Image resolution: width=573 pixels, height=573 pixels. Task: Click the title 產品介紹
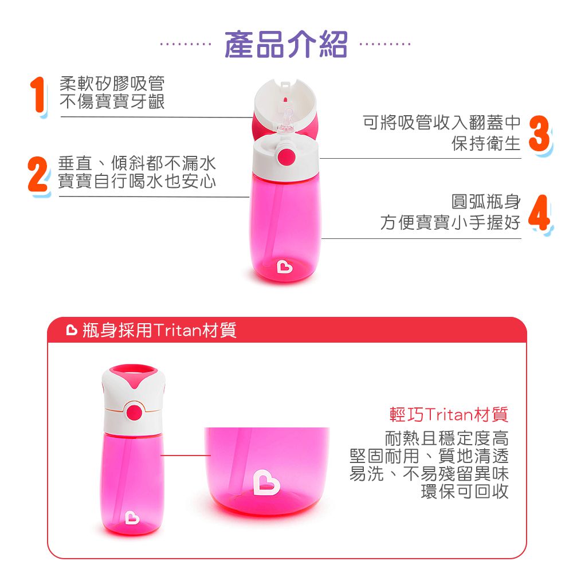pyautogui.click(x=285, y=45)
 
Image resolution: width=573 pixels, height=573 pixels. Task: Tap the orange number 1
pyautogui.click(x=38, y=95)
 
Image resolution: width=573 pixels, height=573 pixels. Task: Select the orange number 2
pyautogui.click(x=38, y=174)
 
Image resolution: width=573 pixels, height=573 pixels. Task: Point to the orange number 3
pyautogui.click(x=539, y=134)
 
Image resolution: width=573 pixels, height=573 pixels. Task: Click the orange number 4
pyautogui.click(x=539, y=212)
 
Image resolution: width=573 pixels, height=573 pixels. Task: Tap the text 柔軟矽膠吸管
pyautogui.click(x=112, y=84)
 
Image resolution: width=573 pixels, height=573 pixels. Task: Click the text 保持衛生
pyautogui.click(x=486, y=143)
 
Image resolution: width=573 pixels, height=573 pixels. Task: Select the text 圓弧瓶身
pyautogui.click(x=486, y=201)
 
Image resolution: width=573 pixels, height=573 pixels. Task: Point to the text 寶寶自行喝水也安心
pyautogui.click(x=137, y=181)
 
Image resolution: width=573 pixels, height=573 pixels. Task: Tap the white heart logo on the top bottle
pyautogui.click(x=285, y=266)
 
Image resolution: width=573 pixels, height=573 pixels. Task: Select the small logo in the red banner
pyautogui.click(x=72, y=330)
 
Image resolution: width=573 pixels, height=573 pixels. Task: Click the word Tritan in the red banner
pyautogui.click(x=177, y=330)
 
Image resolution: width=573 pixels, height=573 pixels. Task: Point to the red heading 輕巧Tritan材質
pyautogui.click(x=449, y=414)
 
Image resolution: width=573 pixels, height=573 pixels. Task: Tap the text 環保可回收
pyautogui.click(x=465, y=491)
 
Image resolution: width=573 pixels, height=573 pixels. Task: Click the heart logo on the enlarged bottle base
pyautogui.click(x=266, y=482)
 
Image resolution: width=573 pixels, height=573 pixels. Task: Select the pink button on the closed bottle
pyautogui.click(x=134, y=412)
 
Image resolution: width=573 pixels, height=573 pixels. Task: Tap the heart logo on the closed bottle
pyautogui.click(x=132, y=517)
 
